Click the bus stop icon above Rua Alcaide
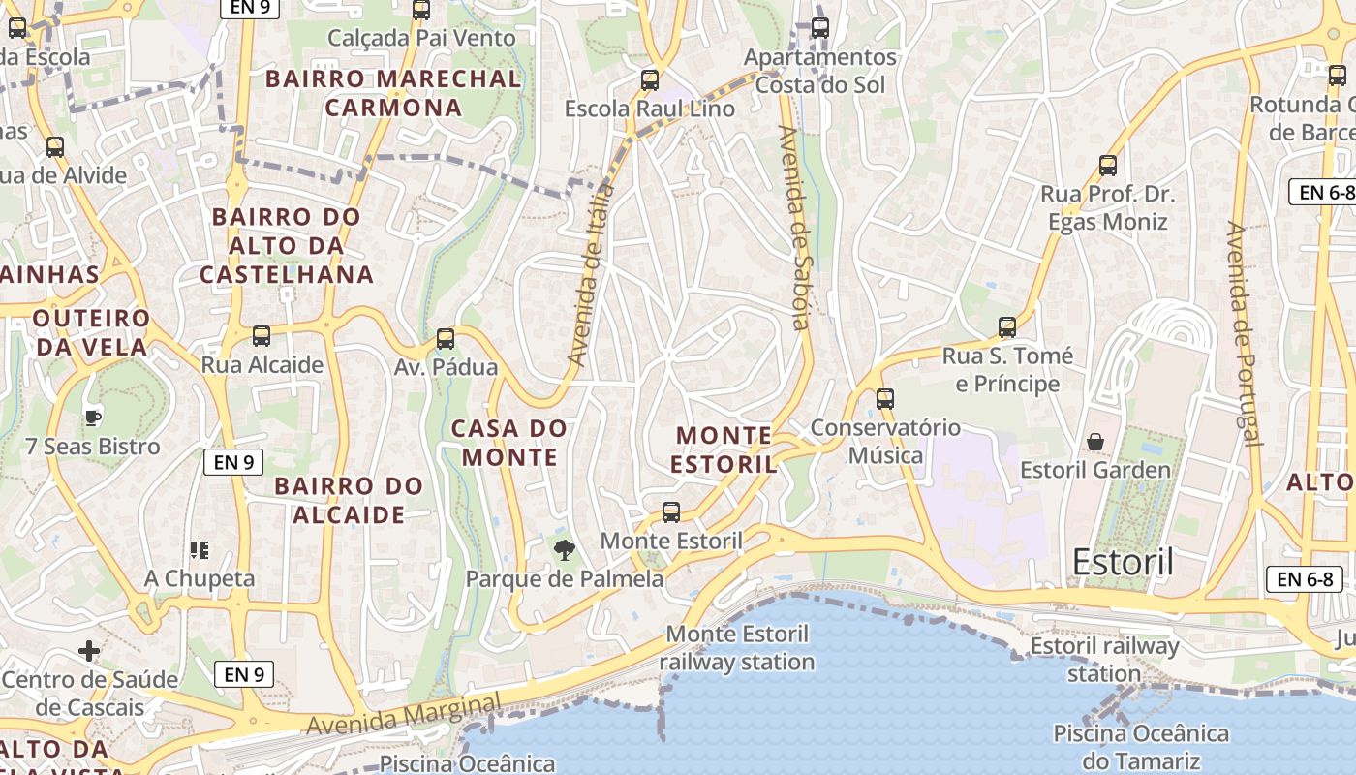tap(262, 336)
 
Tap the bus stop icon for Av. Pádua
tap(446, 339)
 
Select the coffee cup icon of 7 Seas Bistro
tap(92, 418)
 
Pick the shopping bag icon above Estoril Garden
tap(1095, 442)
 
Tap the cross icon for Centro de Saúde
tap(89, 650)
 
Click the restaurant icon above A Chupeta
tap(200, 550)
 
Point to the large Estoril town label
tap(1123, 562)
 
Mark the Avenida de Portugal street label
tap(1244, 334)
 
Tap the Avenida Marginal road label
tap(405, 713)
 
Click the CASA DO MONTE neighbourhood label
tap(509, 442)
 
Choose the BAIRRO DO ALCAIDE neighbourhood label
tap(349, 500)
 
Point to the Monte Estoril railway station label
tap(738, 648)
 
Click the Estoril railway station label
tap(1105, 659)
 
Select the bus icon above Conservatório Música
tap(884, 398)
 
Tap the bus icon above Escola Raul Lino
tap(650, 80)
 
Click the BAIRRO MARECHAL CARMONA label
tap(393, 93)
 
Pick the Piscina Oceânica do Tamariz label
tap(1141, 747)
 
